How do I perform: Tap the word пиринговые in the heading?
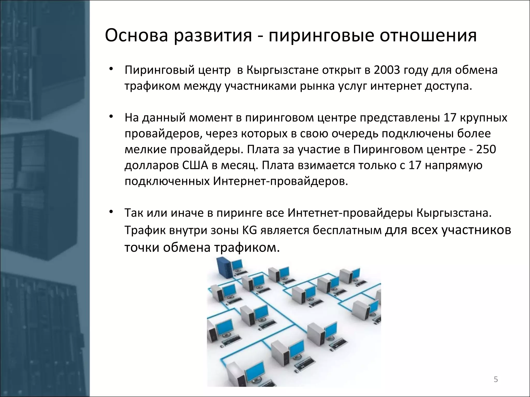[x=321, y=35]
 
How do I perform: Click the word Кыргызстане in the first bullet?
[x=282, y=70]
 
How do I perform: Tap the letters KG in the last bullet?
[x=249, y=230]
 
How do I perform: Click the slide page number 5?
[x=496, y=380]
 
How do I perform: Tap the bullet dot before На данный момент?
[x=111, y=117]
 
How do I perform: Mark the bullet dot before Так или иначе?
[x=111, y=212]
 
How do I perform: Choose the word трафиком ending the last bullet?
[x=247, y=248]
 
